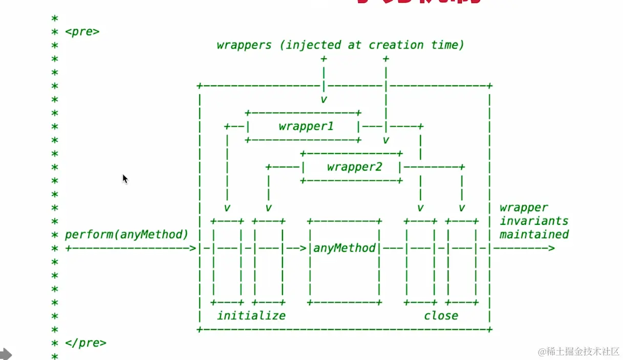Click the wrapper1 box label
coord(306,126)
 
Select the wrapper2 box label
coord(354,167)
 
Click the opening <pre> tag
coord(82,32)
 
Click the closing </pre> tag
coord(85,343)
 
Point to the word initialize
coord(251,315)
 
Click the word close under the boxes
coord(441,315)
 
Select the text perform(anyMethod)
coord(126,235)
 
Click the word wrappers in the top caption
coord(244,45)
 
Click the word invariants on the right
coord(534,221)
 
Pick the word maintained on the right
coord(534,235)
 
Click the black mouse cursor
coord(125,179)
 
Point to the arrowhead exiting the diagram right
coord(551,248)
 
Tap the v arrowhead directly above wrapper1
coord(324,99)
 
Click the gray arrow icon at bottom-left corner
coord(5,354)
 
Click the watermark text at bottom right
coord(578,352)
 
